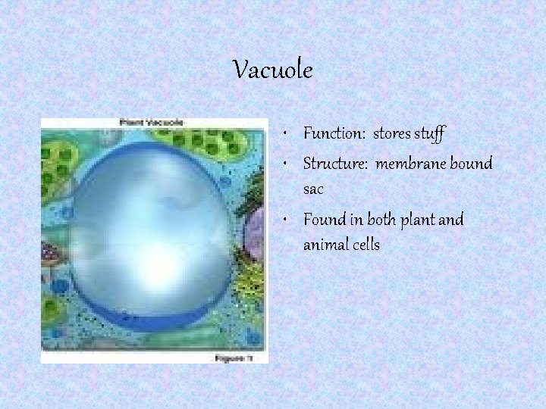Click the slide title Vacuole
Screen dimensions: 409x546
pos(272,71)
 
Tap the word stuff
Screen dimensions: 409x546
pos(430,134)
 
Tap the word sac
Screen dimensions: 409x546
pos(313,189)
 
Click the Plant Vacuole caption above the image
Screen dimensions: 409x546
pos(152,123)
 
